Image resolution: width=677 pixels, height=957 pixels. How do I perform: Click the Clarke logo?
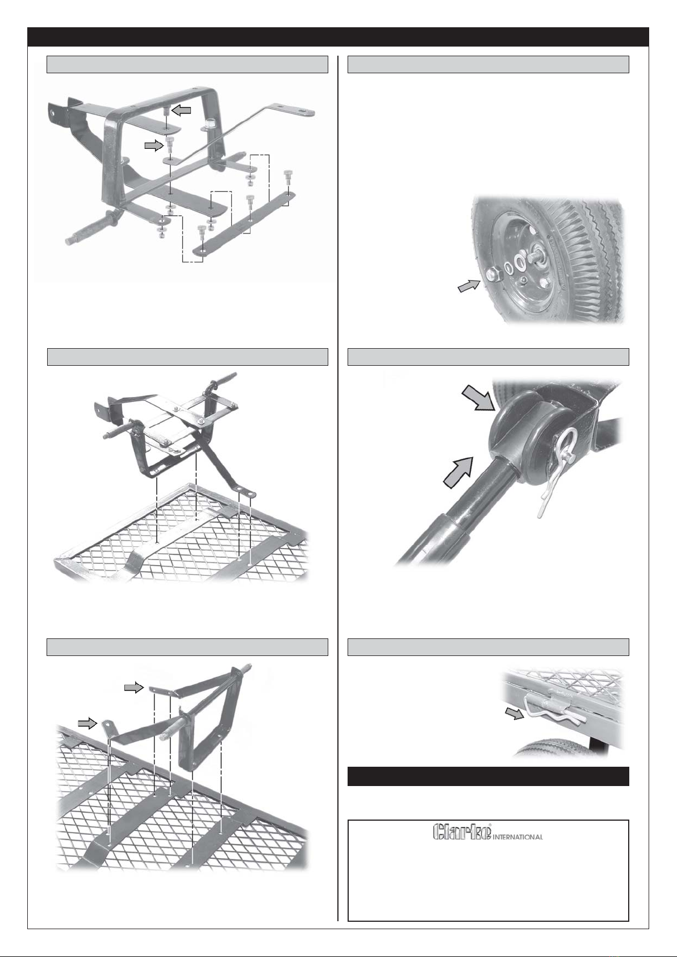462,831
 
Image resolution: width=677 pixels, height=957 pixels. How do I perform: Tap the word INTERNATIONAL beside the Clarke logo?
517,837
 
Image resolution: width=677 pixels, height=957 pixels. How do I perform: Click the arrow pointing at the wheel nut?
469,286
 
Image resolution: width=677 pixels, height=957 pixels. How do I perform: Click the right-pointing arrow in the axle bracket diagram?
154,146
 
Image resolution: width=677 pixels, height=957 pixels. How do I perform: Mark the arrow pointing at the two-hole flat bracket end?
133,687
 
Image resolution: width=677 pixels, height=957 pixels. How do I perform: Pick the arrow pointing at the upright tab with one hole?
87,723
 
